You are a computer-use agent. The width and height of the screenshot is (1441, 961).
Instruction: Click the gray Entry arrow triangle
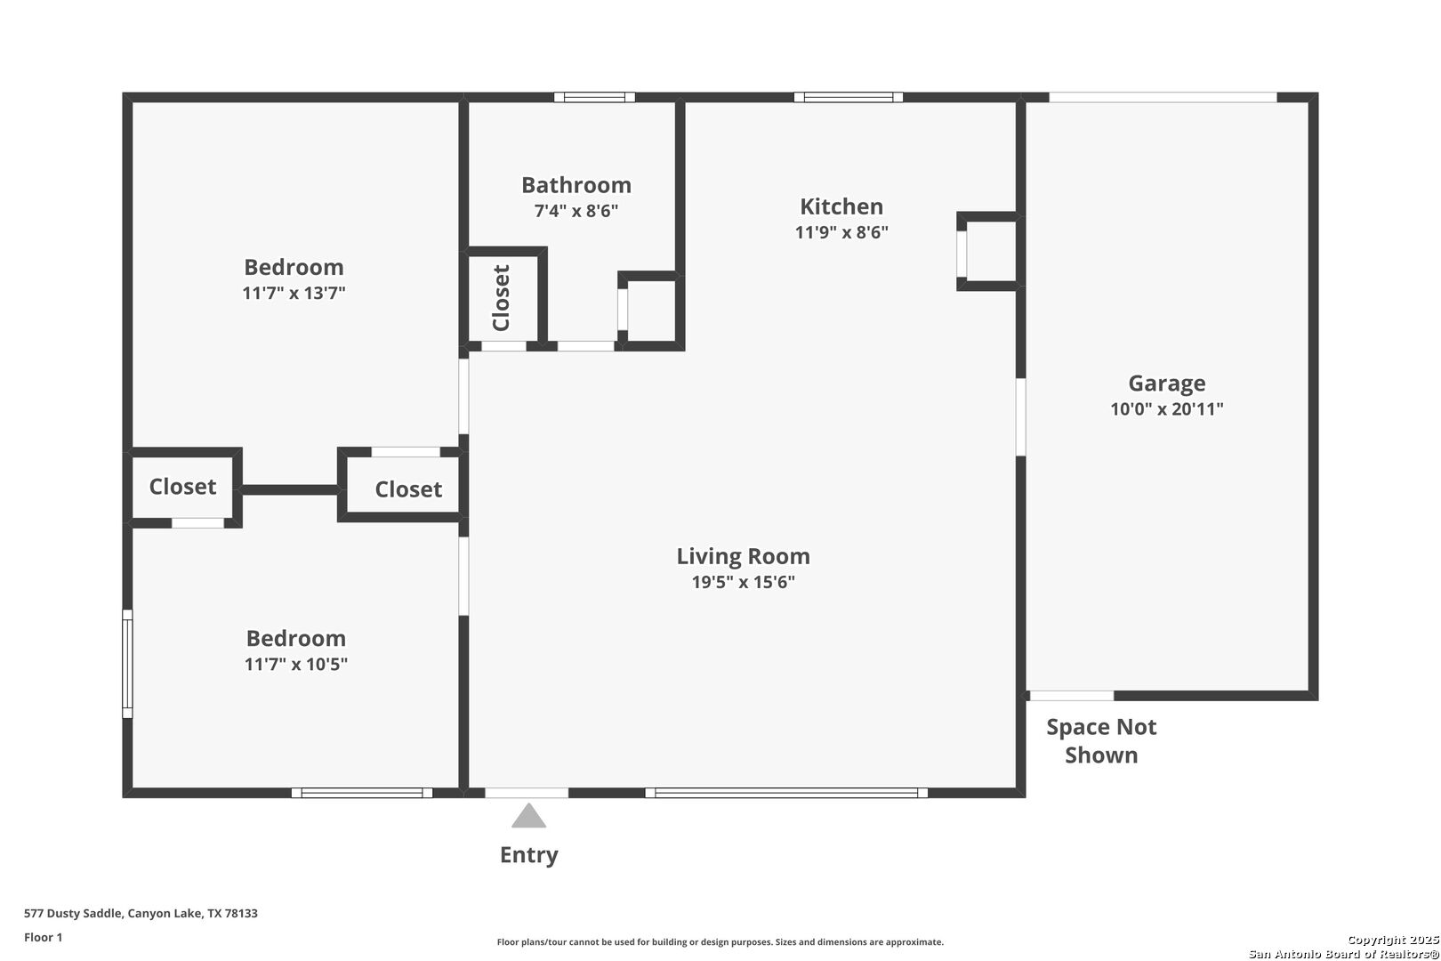(x=528, y=816)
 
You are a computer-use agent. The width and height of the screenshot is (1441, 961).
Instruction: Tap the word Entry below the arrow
(x=528, y=855)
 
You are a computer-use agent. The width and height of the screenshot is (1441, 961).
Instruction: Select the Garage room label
(x=1166, y=384)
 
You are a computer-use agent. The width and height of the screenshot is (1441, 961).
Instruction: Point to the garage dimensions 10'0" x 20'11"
(x=1166, y=408)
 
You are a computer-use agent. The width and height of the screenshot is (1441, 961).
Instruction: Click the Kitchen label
(x=841, y=206)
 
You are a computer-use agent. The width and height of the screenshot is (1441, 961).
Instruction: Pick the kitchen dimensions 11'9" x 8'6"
(x=841, y=231)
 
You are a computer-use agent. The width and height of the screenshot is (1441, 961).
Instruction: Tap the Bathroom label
(x=576, y=185)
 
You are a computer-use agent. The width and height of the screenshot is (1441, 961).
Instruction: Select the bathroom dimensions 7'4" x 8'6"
(x=576, y=211)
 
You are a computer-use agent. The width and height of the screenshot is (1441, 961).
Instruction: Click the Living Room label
(x=743, y=557)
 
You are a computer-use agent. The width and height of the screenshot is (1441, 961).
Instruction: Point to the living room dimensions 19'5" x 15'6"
(x=743, y=582)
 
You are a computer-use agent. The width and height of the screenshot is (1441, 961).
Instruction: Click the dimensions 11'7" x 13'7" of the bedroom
(x=294, y=293)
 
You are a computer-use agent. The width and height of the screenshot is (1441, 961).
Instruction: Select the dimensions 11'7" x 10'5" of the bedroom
(x=296, y=664)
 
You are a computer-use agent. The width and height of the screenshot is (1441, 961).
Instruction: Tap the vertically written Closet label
(x=501, y=298)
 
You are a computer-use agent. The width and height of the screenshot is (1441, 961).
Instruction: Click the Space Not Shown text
(x=1101, y=741)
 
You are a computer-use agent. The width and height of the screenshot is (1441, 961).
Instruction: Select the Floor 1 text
(x=43, y=937)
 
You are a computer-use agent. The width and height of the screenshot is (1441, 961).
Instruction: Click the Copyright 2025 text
(x=1393, y=940)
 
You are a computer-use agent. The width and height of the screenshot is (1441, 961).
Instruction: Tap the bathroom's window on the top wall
(x=594, y=97)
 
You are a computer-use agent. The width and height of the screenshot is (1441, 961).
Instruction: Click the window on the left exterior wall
(x=127, y=664)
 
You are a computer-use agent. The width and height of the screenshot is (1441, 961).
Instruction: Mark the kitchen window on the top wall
(x=849, y=97)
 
